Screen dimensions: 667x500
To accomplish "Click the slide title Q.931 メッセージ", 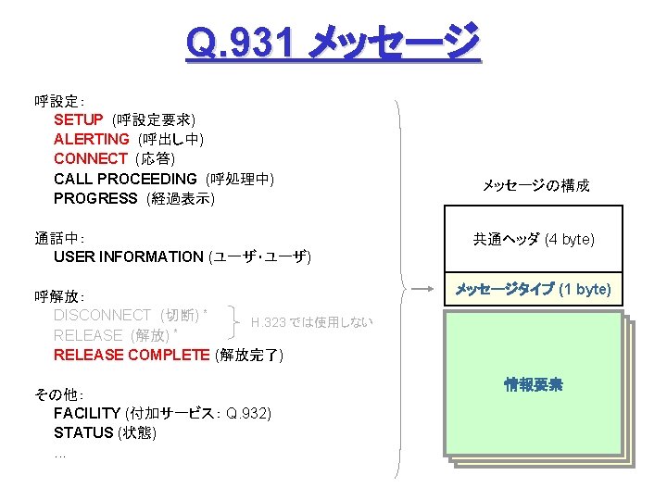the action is point(333,42).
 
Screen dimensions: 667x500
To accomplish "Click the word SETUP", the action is point(79,119).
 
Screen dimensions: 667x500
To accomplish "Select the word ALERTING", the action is point(92,139).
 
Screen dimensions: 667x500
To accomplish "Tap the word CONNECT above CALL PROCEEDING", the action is point(91,158).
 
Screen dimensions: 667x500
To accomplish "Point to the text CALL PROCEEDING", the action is point(125,178).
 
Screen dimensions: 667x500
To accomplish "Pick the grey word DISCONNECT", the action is point(102,315).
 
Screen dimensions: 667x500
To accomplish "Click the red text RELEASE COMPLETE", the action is point(132,355).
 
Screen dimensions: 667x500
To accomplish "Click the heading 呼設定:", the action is point(59,100).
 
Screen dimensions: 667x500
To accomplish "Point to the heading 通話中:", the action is point(59,237).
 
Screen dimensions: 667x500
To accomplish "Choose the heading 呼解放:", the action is point(59,296).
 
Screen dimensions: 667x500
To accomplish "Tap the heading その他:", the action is point(59,394).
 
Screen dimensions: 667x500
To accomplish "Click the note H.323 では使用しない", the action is point(311,322).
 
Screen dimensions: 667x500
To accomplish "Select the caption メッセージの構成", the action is point(535,186).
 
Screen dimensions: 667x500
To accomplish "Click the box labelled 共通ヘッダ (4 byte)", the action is point(534,240).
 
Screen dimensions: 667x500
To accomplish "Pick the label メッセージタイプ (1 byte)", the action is point(534,290).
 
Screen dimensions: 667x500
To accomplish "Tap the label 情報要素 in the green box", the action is point(534,384).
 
